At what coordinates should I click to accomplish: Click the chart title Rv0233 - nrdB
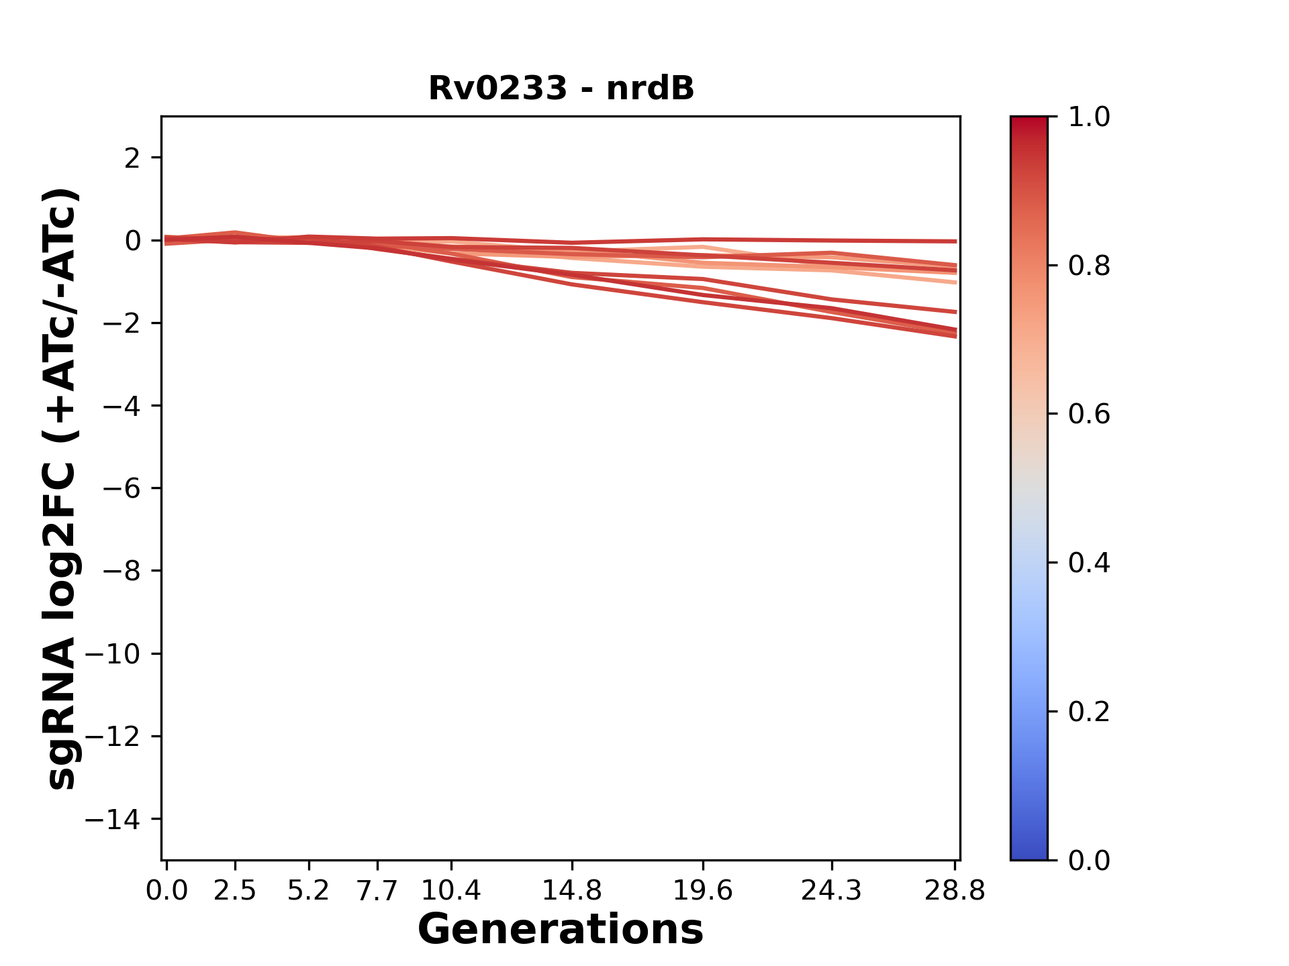tap(561, 89)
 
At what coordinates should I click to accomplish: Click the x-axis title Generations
tap(561, 930)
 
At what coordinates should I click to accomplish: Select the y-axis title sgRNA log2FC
tap(62, 488)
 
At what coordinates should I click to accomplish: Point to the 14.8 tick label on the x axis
tap(571, 891)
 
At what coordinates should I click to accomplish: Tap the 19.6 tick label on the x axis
tap(702, 891)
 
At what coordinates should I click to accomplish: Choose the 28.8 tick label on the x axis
tap(955, 891)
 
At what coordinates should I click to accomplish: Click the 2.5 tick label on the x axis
tap(235, 891)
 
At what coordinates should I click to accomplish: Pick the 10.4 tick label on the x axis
tap(450, 891)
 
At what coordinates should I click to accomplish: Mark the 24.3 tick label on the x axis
tap(831, 891)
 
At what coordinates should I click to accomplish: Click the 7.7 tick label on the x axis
tap(377, 891)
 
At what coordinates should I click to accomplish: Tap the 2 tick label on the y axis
tap(132, 158)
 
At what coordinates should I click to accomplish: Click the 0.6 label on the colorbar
tap(1089, 415)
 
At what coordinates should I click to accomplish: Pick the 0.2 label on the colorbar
tap(1089, 712)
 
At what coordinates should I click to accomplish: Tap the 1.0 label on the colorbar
tap(1089, 117)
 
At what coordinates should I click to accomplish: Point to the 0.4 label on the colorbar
tap(1089, 563)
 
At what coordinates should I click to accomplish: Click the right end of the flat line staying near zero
tap(955, 241)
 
